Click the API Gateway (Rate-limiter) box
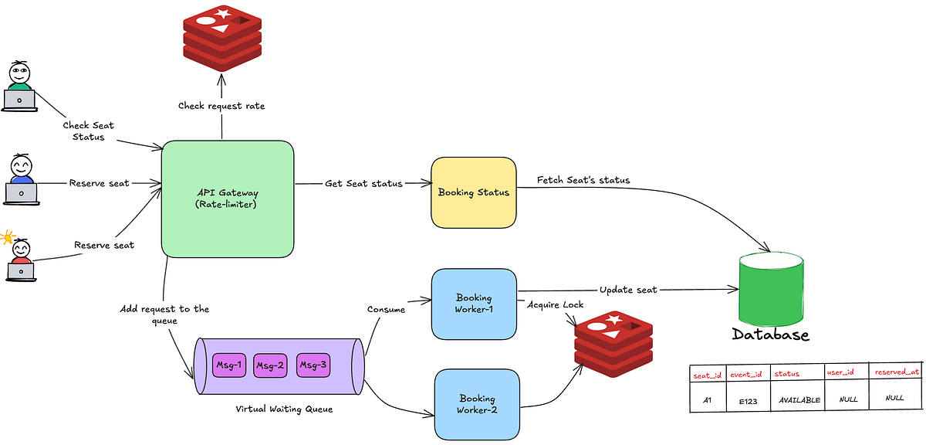pyautogui.click(x=228, y=199)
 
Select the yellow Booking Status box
pyautogui.click(x=474, y=192)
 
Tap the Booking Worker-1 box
pyautogui.click(x=474, y=304)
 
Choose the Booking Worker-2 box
pyautogui.click(x=477, y=404)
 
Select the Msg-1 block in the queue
pyautogui.click(x=228, y=365)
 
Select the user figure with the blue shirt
pyautogui.click(x=21, y=179)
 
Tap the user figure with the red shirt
pyautogui.click(x=20, y=260)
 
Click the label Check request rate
pyautogui.click(x=222, y=105)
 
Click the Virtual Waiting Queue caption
pyautogui.click(x=284, y=409)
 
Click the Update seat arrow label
pyautogui.click(x=628, y=290)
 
